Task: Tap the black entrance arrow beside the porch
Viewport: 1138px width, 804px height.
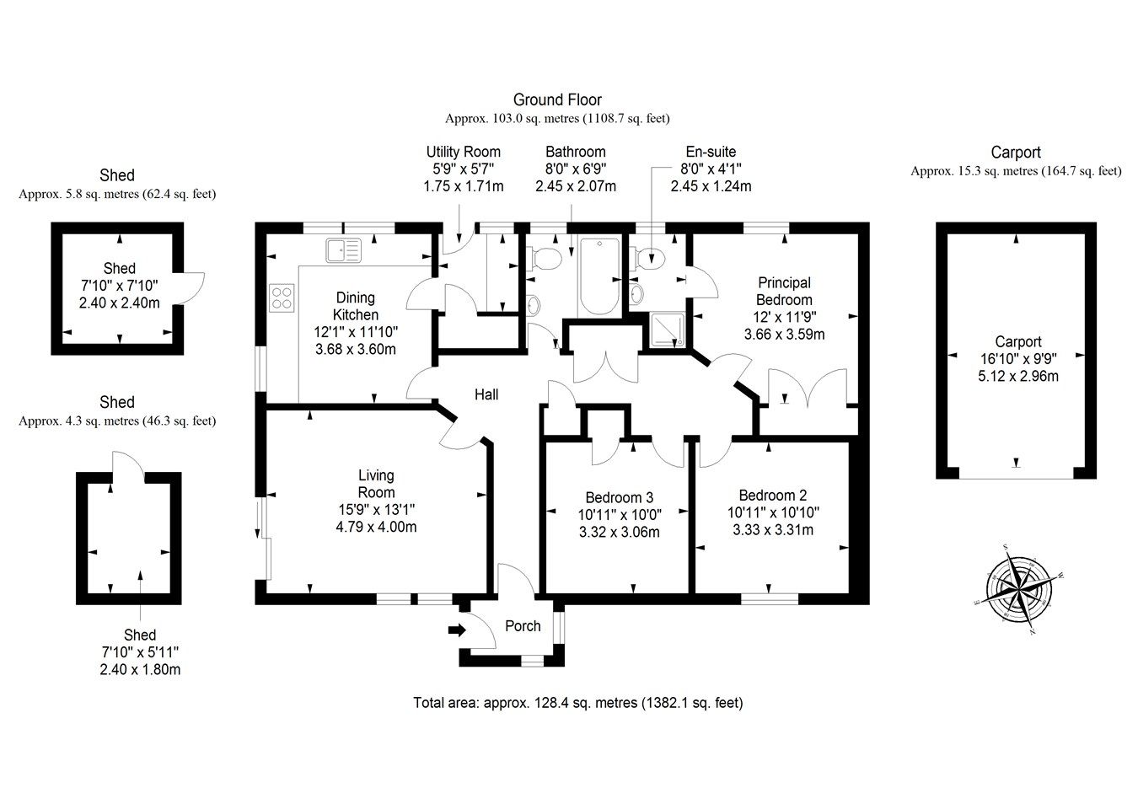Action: click(x=456, y=630)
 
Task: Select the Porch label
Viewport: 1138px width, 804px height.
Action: click(x=523, y=626)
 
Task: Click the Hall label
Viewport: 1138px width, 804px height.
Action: click(x=486, y=394)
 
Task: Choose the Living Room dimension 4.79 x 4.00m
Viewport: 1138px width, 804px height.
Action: click(x=376, y=528)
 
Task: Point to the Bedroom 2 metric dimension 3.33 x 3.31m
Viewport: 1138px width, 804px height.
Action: click(x=770, y=530)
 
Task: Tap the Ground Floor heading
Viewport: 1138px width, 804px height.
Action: click(x=557, y=100)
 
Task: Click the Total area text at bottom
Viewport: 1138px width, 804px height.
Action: click(x=577, y=702)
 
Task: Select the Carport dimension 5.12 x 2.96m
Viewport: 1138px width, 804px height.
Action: click(x=1017, y=377)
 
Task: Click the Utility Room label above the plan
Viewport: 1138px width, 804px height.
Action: click(x=463, y=152)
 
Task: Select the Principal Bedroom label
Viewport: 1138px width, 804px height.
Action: click(x=784, y=291)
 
